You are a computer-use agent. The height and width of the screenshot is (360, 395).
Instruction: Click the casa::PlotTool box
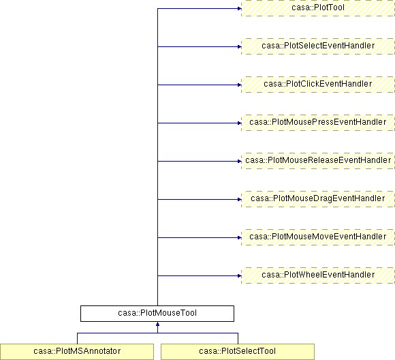click(x=318, y=8)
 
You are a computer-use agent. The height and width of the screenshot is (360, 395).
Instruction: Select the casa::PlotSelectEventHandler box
click(x=318, y=46)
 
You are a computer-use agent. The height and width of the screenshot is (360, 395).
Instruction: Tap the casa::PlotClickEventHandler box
click(x=318, y=85)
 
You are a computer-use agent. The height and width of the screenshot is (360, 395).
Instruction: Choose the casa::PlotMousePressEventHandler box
click(x=318, y=123)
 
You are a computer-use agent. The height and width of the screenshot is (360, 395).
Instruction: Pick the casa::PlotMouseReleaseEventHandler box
click(x=318, y=161)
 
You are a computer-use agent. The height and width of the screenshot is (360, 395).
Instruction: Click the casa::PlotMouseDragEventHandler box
click(x=318, y=199)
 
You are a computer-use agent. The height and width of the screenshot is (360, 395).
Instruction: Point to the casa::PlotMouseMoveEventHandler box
click(x=318, y=237)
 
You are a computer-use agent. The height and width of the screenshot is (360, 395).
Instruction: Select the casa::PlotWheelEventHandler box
click(x=318, y=275)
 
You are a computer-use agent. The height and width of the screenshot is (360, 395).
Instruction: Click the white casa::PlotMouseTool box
click(x=157, y=314)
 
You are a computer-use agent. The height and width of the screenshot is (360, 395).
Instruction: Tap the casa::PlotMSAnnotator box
click(x=77, y=352)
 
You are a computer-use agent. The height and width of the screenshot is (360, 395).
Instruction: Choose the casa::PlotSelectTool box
click(x=238, y=352)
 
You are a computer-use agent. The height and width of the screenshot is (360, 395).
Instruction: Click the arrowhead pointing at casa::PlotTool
click(x=239, y=9)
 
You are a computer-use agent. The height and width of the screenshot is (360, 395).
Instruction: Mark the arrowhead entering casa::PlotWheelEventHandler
click(x=239, y=275)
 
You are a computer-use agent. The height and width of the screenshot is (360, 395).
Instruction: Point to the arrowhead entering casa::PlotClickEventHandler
click(x=239, y=85)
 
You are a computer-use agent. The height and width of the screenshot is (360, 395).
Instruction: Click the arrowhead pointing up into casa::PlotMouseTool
click(x=158, y=324)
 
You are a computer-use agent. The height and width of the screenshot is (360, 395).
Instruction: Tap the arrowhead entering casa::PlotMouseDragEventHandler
click(x=239, y=199)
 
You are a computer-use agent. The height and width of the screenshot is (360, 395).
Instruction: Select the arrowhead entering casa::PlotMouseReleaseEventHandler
click(x=239, y=161)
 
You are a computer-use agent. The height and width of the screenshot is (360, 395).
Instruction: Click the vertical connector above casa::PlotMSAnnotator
click(x=78, y=338)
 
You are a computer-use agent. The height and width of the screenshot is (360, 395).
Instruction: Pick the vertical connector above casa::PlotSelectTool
click(x=238, y=338)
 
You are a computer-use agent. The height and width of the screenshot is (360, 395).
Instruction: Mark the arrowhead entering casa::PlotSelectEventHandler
click(x=239, y=46)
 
